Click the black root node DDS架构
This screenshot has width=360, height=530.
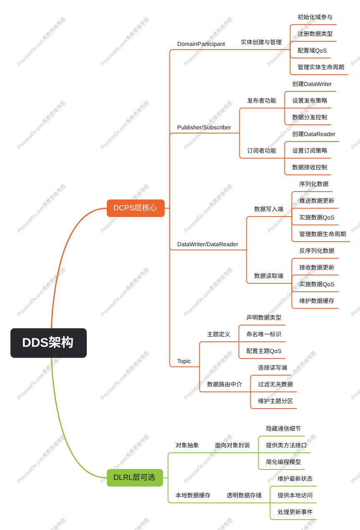pyautogui.click(x=48, y=343)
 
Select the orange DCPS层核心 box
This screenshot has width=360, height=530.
pyautogui.click(x=136, y=208)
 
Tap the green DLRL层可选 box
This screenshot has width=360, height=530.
pyautogui.click(x=135, y=477)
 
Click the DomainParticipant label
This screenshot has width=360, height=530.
pyautogui.click(x=201, y=44)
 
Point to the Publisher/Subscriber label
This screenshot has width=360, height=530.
pyautogui.click(x=204, y=127)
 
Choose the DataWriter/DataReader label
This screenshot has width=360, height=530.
pyautogui.click(x=207, y=244)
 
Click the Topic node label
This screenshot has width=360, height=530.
pyautogui.click(x=184, y=361)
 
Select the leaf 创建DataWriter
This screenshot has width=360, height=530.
pyautogui.click(x=312, y=84)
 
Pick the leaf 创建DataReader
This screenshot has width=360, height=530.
pyautogui.click(x=314, y=134)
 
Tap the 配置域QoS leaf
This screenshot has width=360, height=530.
pyautogui.click(x=312, y=50)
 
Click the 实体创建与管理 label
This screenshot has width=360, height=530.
pyautogui.click(x=261, y=42)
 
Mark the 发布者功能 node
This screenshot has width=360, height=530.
pyautogui.click(x=262, y=101)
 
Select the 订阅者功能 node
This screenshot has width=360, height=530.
pyautogui.click(x=262, y=151)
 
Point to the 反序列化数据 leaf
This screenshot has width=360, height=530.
pyautogui.click(x=317, y=251)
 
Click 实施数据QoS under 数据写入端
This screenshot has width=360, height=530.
pyautogui.click(x=317, y=217)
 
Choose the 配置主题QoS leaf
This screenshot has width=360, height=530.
pyautogui.click(x=264, y=351)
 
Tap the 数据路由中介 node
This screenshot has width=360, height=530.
pyautogui.click(x=224, y=384)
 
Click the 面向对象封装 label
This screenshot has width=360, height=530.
pyautogui.click(x=232, y=445)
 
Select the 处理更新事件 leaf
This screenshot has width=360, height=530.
pyautogui.click(x=295, y=512)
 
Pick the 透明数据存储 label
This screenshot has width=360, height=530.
pyautogui.click(x=244, y=495)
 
